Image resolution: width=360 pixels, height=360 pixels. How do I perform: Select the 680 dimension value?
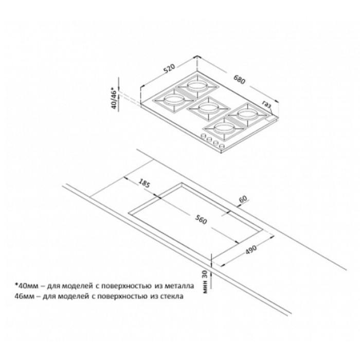point(240,79)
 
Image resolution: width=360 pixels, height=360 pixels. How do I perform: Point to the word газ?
point(267,104)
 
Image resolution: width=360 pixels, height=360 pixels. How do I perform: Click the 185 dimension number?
point(145,183)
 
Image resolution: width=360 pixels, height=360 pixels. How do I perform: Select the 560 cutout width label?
point(201,220)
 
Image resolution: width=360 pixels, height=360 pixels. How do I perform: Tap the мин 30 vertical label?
point(205,282)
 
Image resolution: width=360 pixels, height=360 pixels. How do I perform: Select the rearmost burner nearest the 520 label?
point(197,86)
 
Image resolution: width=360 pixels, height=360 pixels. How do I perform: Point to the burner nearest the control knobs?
point(223,129)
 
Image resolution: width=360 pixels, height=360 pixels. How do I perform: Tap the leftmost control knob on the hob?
point(203,136)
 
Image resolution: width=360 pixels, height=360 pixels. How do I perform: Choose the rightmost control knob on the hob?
point(222,146)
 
